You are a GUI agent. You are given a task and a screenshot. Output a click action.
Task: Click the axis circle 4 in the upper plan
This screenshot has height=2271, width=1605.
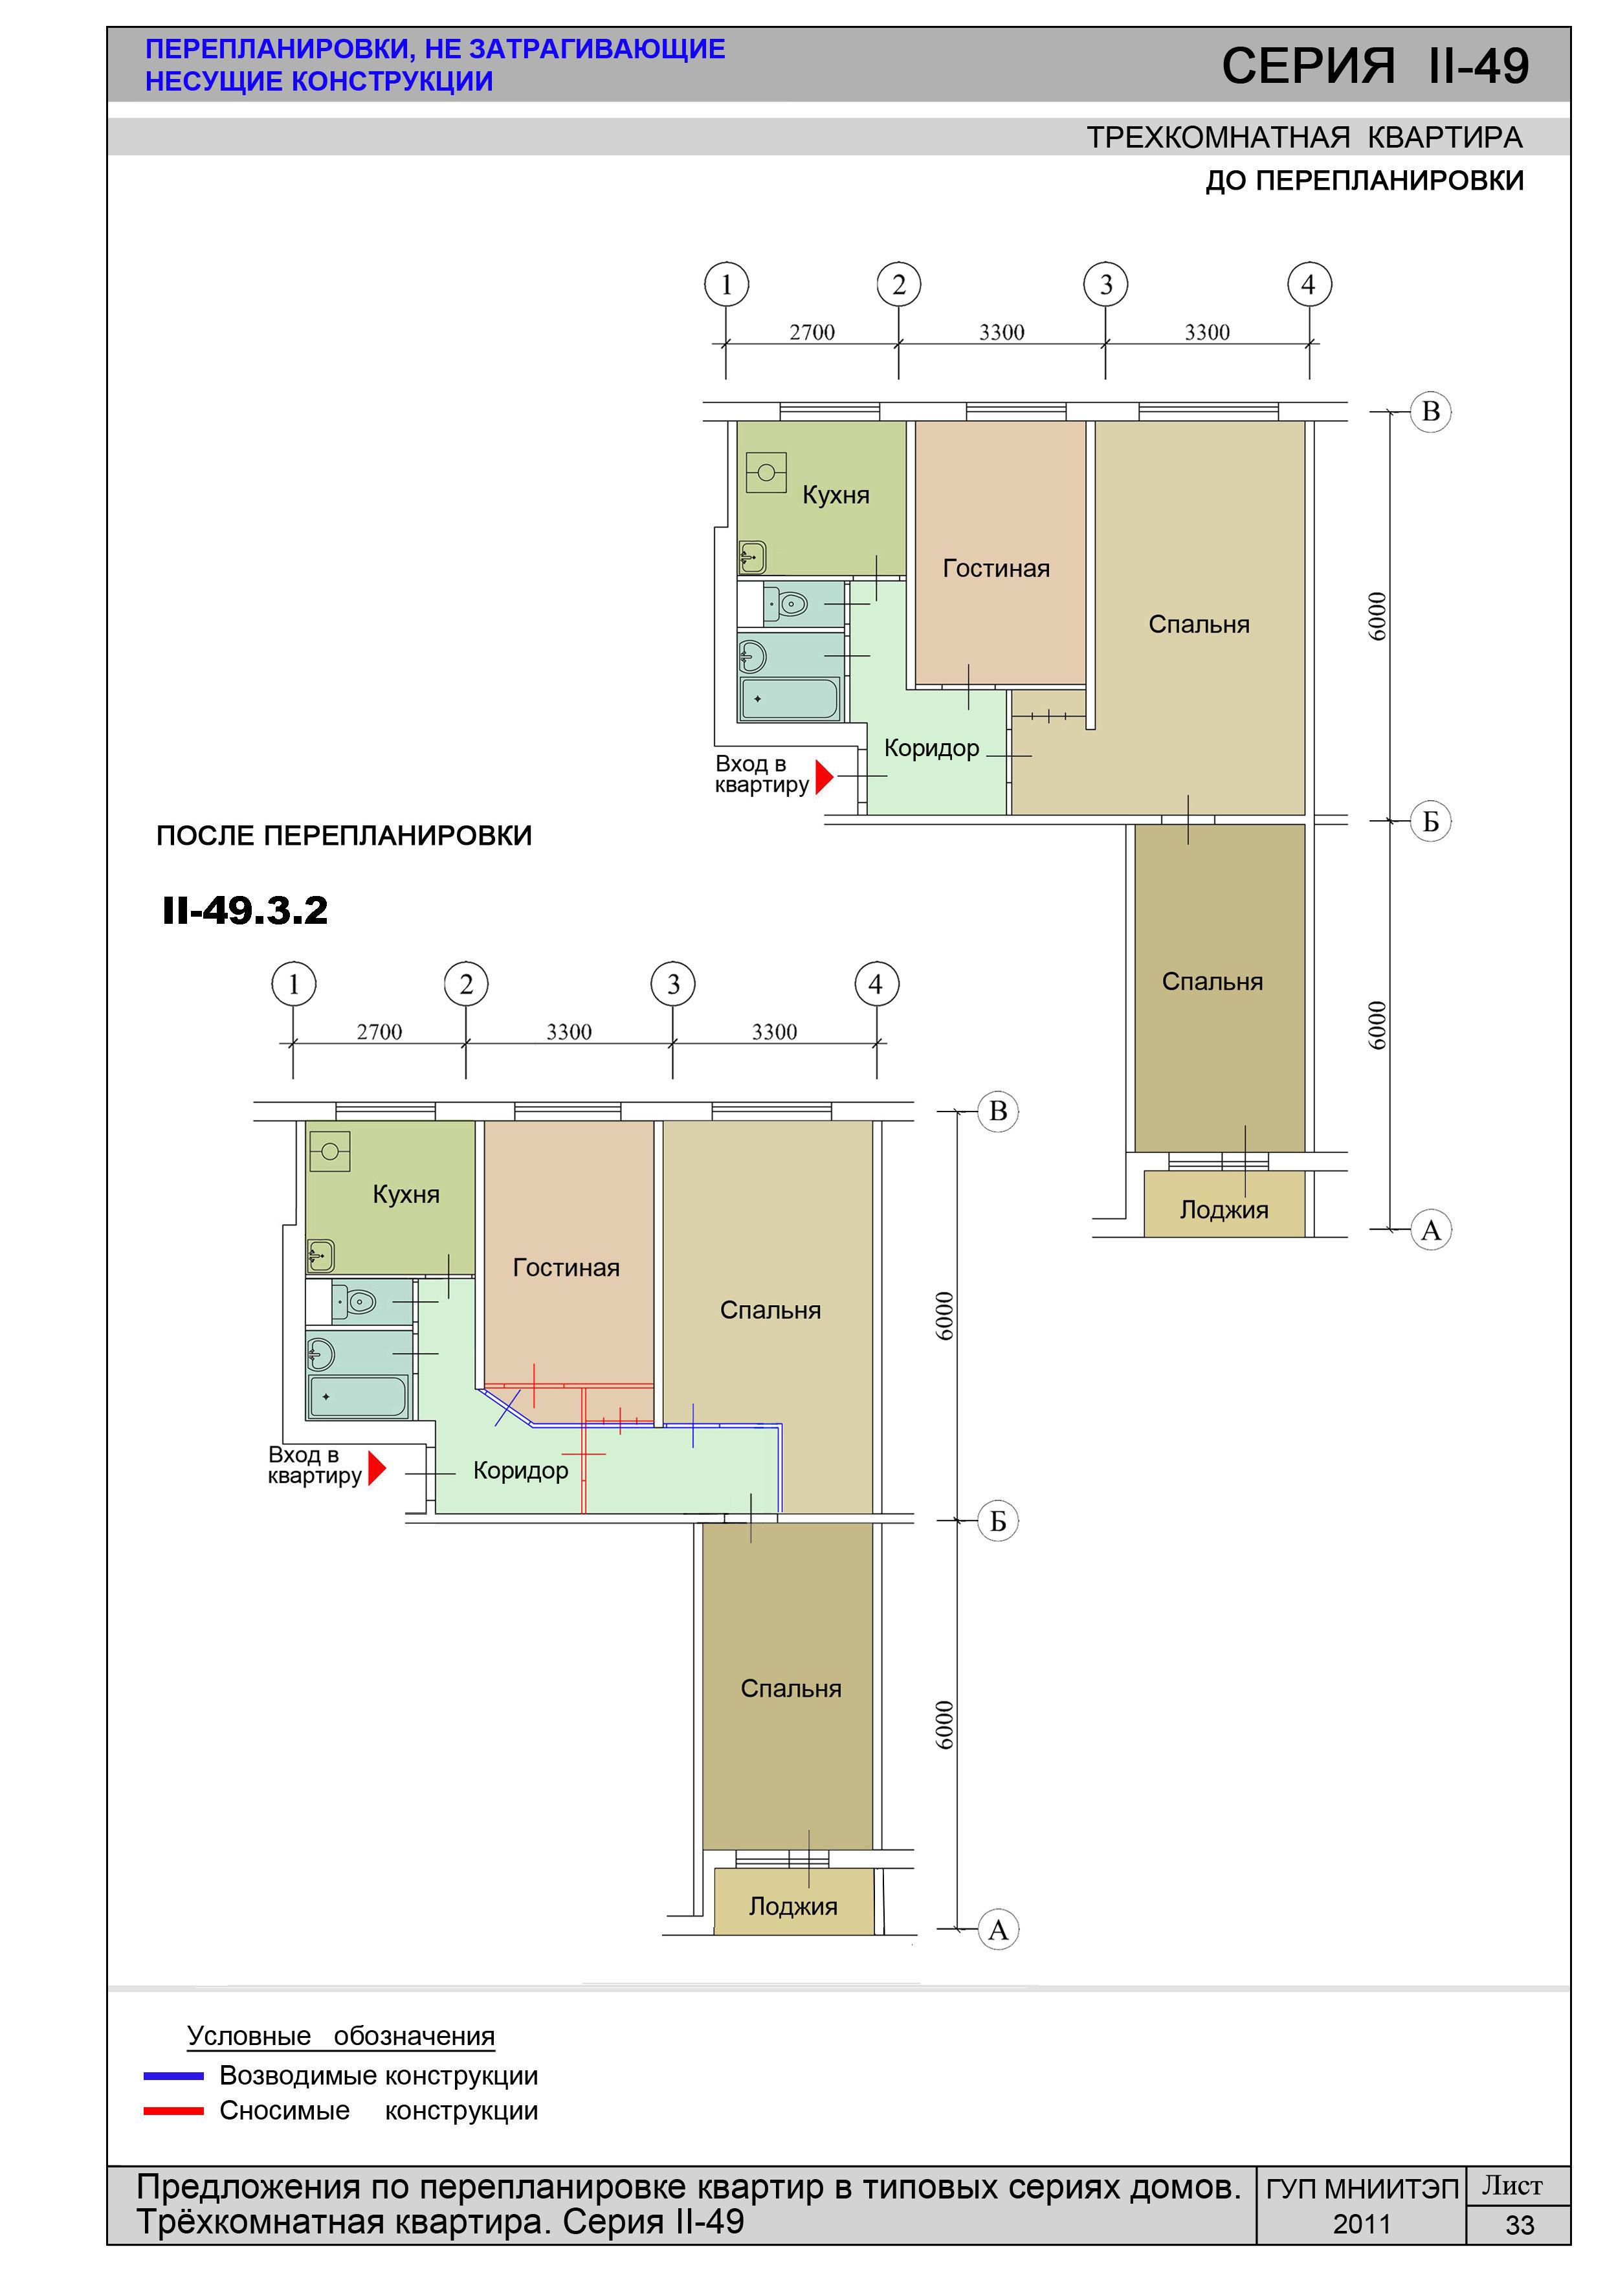coord(1309,285)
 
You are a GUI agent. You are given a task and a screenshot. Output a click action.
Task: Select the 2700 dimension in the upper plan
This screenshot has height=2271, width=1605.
coord(812,332)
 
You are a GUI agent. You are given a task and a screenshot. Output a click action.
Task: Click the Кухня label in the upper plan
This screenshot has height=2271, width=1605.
coord(836,495)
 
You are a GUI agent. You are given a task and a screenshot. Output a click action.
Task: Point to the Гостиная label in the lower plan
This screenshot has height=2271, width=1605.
coord(566,1267)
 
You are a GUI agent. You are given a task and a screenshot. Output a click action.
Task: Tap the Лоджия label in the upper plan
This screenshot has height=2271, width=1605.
coord(1224,1210)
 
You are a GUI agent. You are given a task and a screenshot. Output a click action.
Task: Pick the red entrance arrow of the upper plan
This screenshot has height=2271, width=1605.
coord(824,776)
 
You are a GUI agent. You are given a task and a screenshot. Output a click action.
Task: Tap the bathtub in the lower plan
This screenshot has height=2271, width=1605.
coord(358,1396)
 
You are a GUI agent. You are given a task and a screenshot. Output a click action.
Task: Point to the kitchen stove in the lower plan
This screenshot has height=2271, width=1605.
coord(329,1151)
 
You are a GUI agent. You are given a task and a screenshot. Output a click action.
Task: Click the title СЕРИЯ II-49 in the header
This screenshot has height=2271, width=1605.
coord(1375,65)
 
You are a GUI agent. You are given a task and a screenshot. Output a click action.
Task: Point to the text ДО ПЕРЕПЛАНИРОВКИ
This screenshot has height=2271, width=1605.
coord(1365,181)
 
